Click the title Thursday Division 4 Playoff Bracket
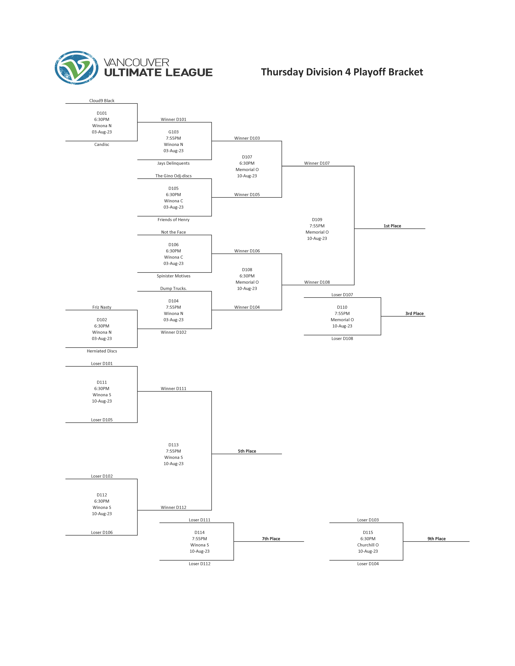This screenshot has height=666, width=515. tap(342, 72)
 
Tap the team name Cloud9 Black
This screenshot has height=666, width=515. tap(102, 101)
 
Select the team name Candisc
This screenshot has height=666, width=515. tap(102, 145)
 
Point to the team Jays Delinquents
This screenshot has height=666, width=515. tap(173, 163)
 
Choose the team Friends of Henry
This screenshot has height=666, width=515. tap(173, 220)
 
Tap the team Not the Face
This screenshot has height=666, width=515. tap(173, 232)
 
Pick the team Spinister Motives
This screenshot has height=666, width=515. tap(173, 276)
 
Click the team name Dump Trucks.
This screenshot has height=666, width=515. tap(173, 288)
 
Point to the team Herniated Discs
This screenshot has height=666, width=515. tap(102, 351)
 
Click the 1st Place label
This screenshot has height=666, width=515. tap(392, 226)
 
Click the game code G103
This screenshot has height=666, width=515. tap(173, 132)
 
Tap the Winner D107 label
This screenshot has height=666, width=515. tap(317, 163)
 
